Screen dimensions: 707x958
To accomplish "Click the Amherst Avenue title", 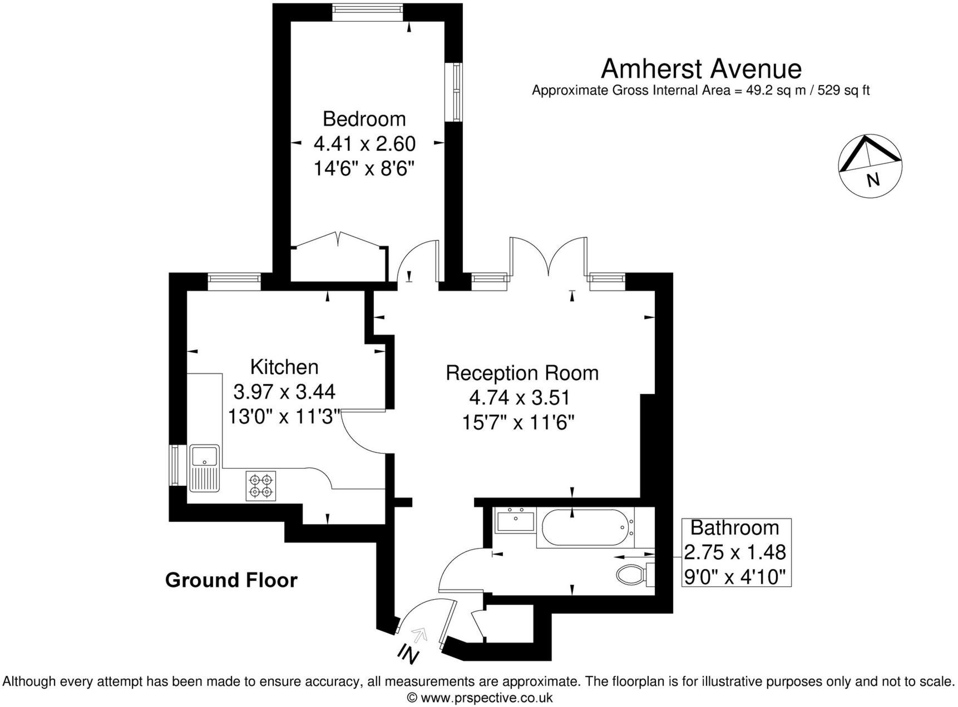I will (x=701, y=69).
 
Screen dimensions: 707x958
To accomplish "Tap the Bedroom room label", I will (x=364, y=119).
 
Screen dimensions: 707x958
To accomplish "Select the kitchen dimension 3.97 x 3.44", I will (x=284, y=392).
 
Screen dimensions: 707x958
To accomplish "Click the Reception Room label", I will (x=522, y=372).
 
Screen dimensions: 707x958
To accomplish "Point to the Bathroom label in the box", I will (x=734, y=527).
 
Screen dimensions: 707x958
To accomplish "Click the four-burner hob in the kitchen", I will (x=261, y=486).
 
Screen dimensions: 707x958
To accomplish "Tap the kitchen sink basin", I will (x=205, y=456).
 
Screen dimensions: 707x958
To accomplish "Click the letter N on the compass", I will (x=873, y=180).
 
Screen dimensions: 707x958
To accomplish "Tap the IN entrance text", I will (x=408, y=655).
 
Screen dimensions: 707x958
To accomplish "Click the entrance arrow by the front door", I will (x=419, y=634).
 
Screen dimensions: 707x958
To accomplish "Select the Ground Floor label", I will (x=231, y=580).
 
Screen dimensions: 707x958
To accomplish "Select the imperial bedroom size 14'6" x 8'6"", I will (x=364, y=168).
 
